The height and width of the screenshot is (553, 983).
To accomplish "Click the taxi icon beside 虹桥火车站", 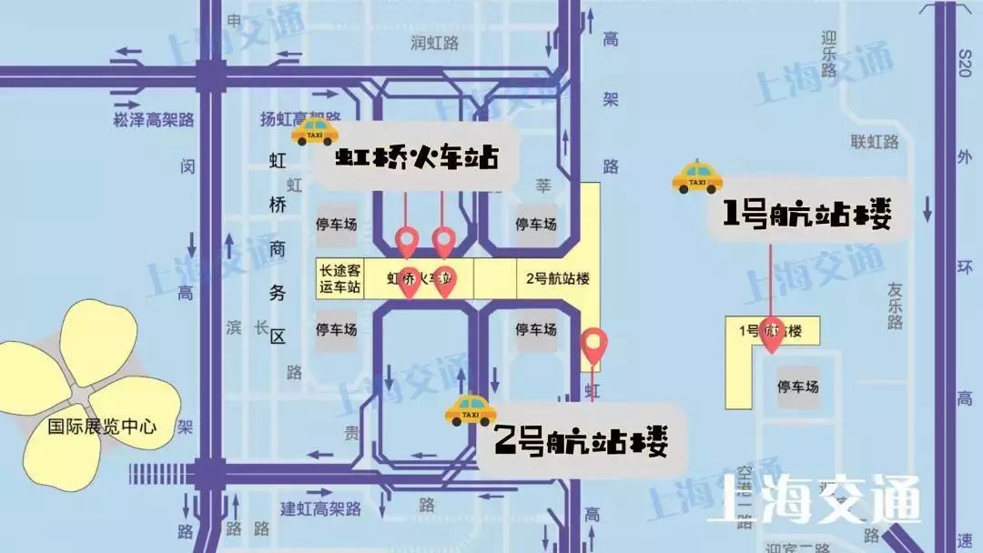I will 315,132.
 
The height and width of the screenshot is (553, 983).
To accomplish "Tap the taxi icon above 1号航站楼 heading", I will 697,177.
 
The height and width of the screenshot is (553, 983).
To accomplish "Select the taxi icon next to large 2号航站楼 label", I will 470,411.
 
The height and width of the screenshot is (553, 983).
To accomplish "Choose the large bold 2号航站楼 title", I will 581,444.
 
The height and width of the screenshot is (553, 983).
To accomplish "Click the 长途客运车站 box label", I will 339,278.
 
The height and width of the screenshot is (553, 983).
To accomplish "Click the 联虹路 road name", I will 875,142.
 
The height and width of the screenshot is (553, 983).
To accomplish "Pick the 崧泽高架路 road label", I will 154,119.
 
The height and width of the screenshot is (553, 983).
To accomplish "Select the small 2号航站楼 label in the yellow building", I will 558,278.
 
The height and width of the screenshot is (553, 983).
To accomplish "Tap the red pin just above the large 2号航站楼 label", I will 594,346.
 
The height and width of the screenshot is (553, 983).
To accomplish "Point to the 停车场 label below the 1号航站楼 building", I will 797,387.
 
